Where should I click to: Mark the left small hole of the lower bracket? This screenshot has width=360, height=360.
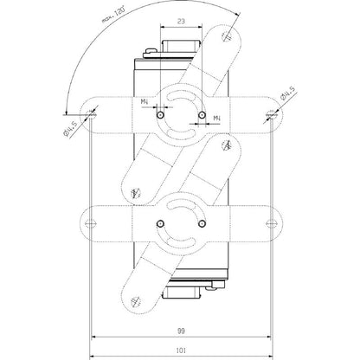[x=159, y=223]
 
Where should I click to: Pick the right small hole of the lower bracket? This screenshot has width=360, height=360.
[x=201, y=223]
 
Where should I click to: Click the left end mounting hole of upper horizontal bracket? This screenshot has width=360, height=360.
[x=93, y=111]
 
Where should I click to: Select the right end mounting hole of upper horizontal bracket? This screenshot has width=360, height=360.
[x=269, y=111]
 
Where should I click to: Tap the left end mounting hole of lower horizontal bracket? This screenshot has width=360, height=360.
[x=93, y=222]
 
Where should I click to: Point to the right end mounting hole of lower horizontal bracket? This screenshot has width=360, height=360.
[x=269, y=222]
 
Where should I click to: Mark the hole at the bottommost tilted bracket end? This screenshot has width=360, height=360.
[x=134, y=299]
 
